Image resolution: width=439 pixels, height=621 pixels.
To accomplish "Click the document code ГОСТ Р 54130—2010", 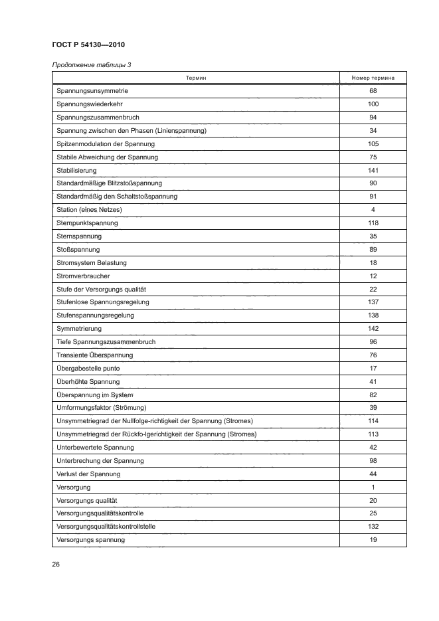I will click(x=88, y=44).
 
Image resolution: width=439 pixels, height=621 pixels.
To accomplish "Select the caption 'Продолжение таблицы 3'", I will click(x=92, y=64).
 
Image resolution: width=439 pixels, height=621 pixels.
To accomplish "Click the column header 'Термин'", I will click(x=195, y=78).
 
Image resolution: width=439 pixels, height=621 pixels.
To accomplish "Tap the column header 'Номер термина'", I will click(x=373, y=78).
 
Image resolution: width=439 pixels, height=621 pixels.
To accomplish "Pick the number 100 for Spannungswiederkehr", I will click(x=373, y=104).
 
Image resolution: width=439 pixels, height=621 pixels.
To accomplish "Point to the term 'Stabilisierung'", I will click(x=78, y=171).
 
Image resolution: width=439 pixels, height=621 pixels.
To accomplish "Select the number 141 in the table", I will click(x=373, y=171).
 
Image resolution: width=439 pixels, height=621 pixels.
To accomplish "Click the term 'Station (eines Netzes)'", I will click(x=90, y=210).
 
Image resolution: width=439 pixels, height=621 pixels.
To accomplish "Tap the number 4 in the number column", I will click(x=373, y=210).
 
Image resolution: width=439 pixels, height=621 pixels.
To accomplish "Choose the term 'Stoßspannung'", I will click(x=78, y=250).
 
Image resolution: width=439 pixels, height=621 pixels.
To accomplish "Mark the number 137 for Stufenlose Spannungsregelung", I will click(x=373, y=302).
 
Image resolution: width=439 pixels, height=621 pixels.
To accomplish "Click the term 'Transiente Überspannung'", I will click(x=96, y=355).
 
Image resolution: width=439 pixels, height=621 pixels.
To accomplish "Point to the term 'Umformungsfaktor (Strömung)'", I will click(x=102, y=408).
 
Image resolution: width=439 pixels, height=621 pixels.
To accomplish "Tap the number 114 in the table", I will click(x=373, y=421).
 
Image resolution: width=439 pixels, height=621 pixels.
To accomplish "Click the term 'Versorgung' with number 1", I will click(x=74, y=487).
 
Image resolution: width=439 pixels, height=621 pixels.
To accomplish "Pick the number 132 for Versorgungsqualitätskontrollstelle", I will click(x=373, y=527).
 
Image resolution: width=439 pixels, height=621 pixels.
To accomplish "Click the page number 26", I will click(x=56, y=565).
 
